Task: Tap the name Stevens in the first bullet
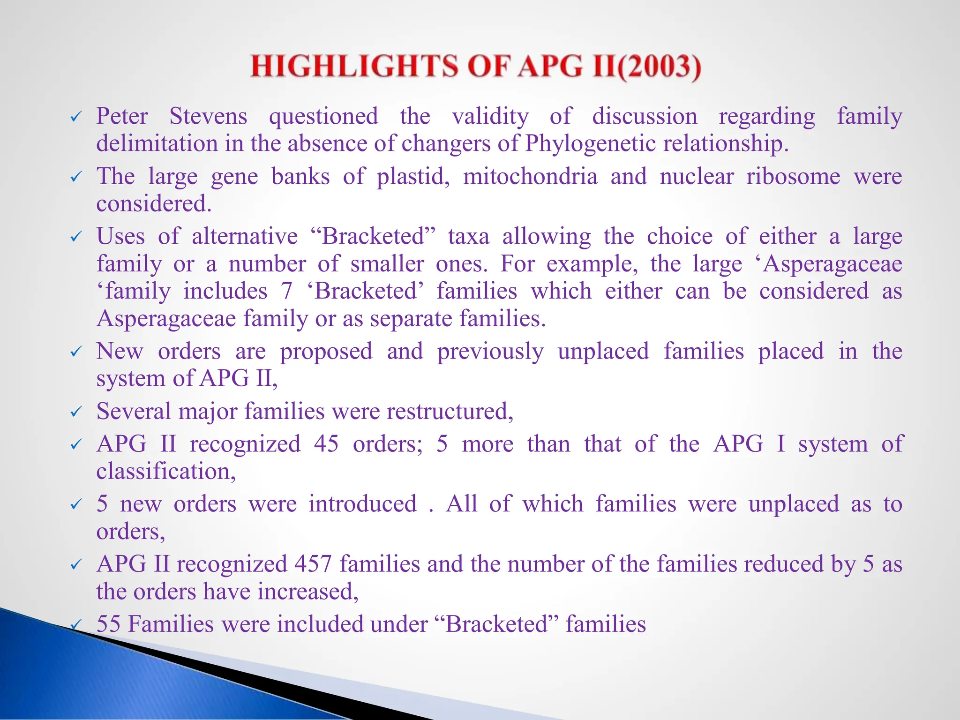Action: coord(208,116)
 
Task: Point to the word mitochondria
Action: coord(530,177)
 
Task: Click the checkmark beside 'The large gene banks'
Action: coord(76,177)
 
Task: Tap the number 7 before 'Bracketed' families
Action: coord(287,291)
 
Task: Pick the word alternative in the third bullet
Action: coord(245,236)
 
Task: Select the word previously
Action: coord(490,352)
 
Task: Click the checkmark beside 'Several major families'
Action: coord(76,412)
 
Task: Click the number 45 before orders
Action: coord(326,444)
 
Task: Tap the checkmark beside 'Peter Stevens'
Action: coord(76,117)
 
